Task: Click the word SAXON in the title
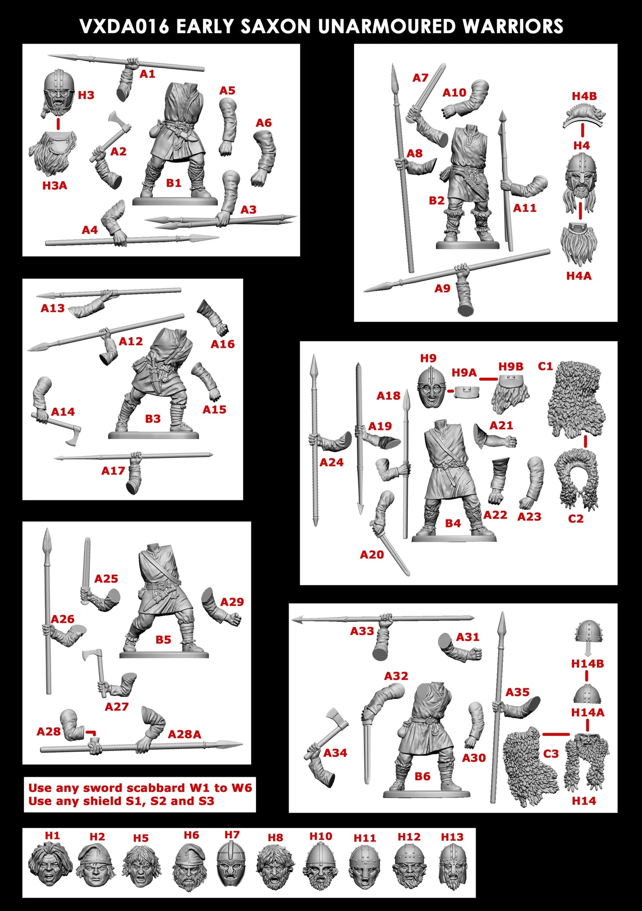click(275, 27)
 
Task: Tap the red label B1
click(174, 183)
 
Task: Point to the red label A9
click(442, 288)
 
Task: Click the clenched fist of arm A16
click(222, 329)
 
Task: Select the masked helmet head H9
click(430, 387)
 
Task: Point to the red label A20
click(371, 555)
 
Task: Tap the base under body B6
click(426, 794)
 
